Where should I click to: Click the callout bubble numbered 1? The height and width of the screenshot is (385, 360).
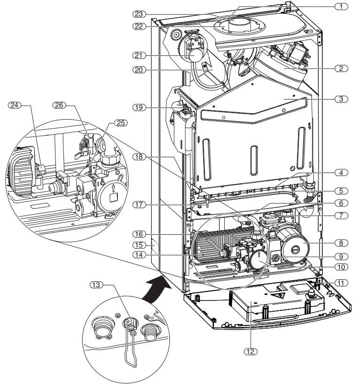point(341,7)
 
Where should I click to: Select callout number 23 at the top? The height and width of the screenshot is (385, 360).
point(139,14)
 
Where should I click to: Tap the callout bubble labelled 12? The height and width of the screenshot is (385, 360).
point(250,352)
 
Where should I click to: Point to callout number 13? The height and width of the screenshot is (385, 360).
point(96,285)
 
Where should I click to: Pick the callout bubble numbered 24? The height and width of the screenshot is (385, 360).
point(15,105)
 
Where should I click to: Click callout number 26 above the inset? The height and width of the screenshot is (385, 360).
point(59,105)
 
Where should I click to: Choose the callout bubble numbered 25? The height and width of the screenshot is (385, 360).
point(121,123)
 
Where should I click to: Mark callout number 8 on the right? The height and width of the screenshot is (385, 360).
point(341,243)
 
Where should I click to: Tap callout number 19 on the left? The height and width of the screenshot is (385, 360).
point(139,108)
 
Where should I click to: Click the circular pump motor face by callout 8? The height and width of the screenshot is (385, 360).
point(295,249)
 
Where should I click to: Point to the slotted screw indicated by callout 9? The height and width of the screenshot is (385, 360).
point(275,258)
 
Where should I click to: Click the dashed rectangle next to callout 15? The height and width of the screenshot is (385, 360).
point(155,246)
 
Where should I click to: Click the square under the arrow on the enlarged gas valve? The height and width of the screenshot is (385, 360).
point(114,197)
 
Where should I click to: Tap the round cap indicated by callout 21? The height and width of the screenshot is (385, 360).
point(195,56)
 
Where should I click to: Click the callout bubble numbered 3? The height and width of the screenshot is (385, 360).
point(341,99)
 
